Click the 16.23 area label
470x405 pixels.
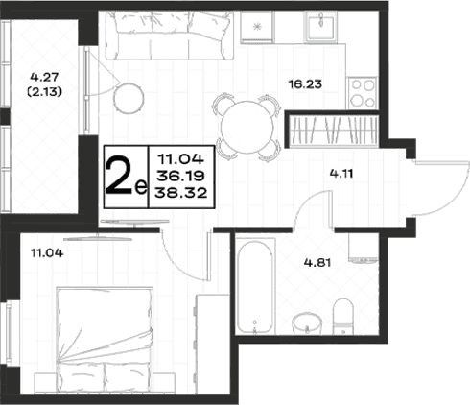click(305, 84)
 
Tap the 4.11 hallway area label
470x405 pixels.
click(341, 174)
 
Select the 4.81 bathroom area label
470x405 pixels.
click(317, 263)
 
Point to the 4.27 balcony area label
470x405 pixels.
click(44, 77)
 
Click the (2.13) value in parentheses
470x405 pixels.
click(44, 92)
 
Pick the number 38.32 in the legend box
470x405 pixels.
click(181, 193)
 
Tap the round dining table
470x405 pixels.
click(247, 127)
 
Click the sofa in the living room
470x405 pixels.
click(170, 36)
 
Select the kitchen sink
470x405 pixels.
click(321, 26)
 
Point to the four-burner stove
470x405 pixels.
click(363, 93)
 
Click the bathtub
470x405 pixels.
click(255, 287)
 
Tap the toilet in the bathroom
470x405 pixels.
click(342, 316)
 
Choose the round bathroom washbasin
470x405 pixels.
click(307, 323)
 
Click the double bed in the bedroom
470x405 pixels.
click(105, 340)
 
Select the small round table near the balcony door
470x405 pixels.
click(129, 98)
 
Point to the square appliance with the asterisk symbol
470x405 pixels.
click(257, 27)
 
